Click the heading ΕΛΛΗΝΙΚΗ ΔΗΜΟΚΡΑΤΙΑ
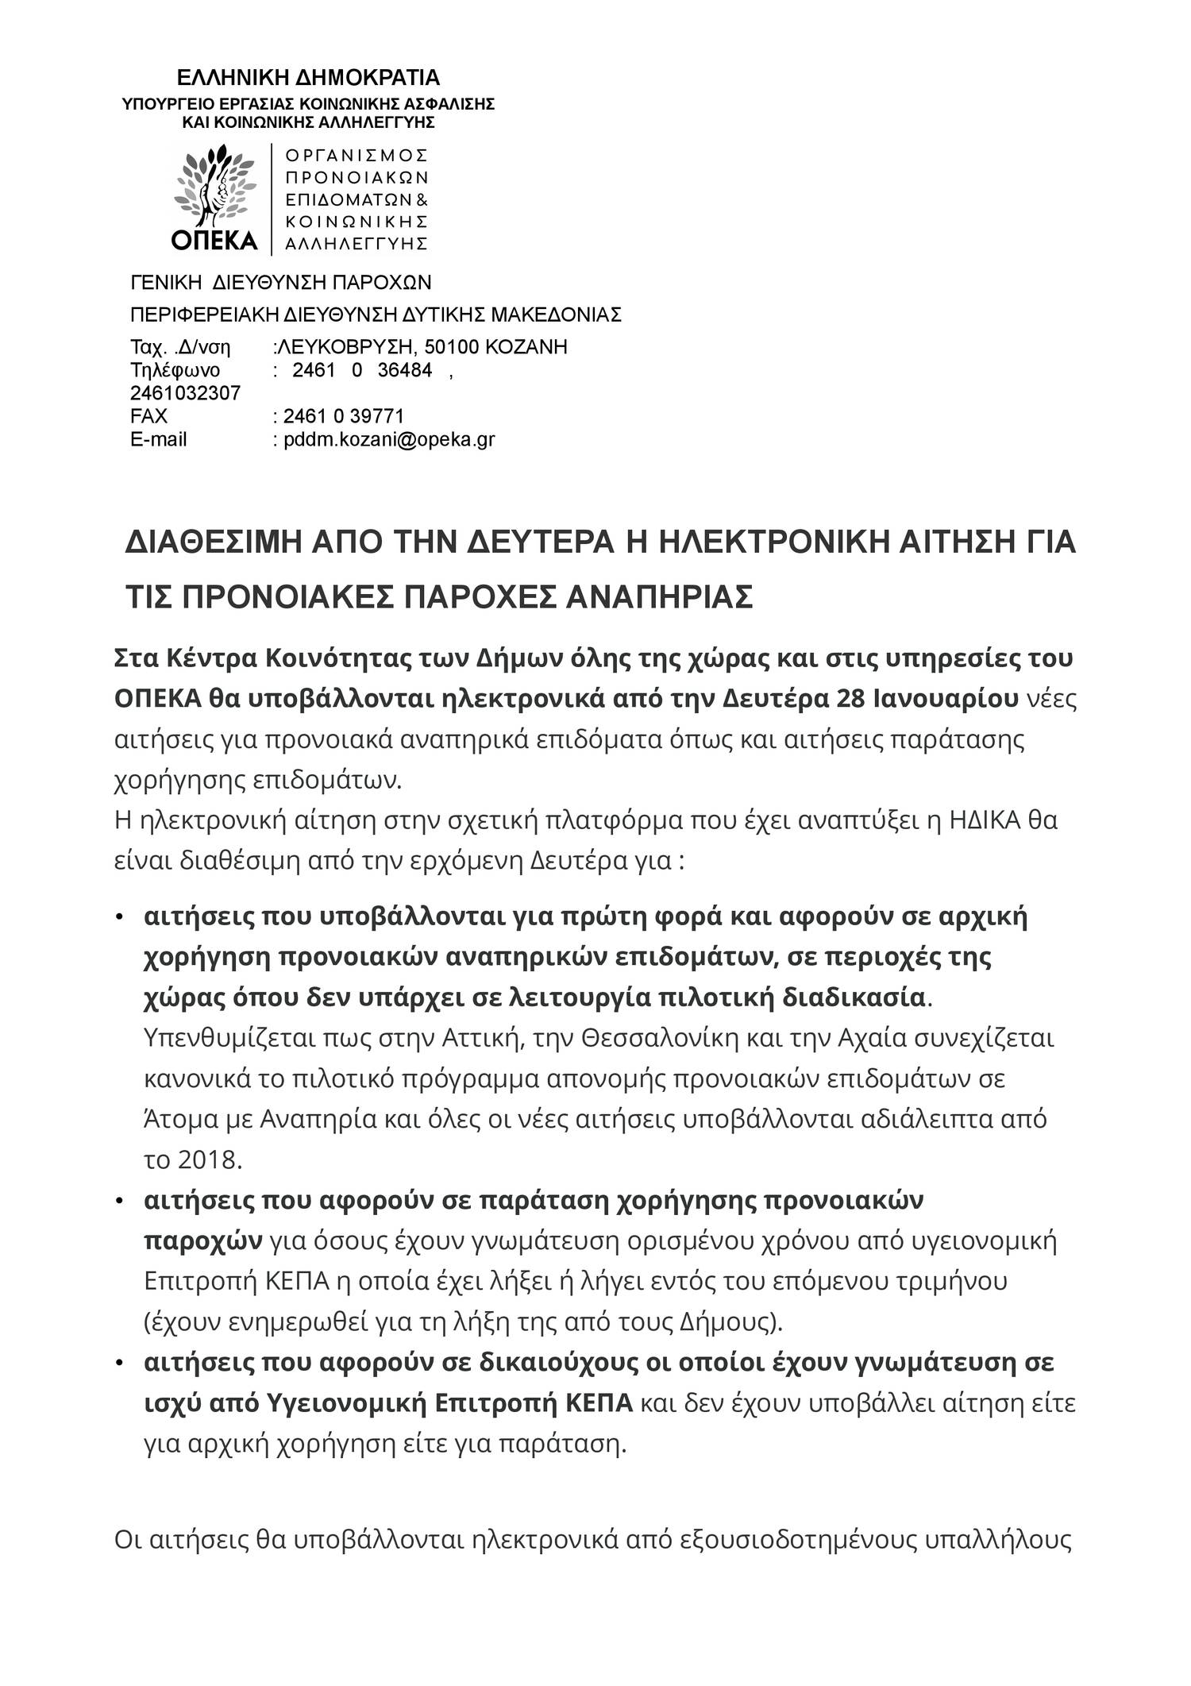point(307,78)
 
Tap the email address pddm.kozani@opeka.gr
point(389,439)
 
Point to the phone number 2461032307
point(185,393)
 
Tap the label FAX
point(148,416)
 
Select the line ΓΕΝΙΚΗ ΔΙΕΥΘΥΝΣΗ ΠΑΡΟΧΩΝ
point(280,284)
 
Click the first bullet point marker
point(120,918)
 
